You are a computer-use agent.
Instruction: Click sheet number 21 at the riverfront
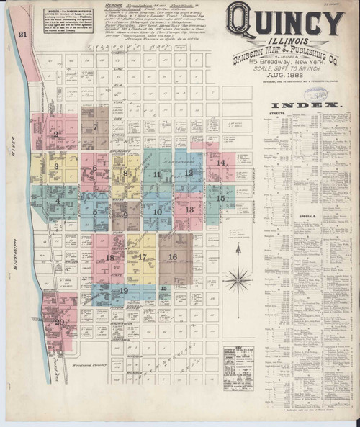click(x=23, y=34)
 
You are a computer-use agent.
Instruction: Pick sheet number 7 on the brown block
click(x=96, y=127)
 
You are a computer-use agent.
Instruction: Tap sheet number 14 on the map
click(x=222, y=162)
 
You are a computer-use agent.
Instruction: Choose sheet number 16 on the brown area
click(x=173, y=256)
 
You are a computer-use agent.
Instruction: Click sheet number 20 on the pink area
click(x=59, y=322)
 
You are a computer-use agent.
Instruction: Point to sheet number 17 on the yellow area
click(x=143, y=256)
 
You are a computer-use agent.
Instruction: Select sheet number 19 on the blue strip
click(x=124, y=290)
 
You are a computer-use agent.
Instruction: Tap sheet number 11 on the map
click(x=156, y=174)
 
